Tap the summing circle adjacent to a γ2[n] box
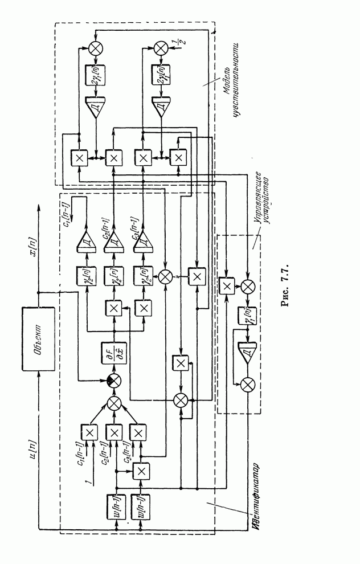[x=166, y=276]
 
